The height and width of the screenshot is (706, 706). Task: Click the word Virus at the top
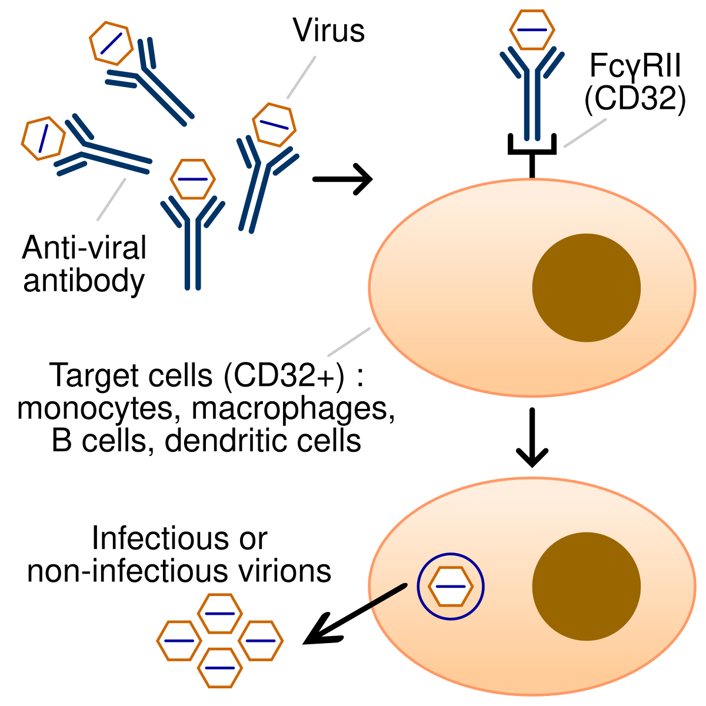(x=329, y=31)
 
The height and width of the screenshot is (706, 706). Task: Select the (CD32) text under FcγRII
(x=635, y=98)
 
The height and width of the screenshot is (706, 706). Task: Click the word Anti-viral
(x=84, y=248)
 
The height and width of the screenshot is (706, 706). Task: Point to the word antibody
(x=84, y=281)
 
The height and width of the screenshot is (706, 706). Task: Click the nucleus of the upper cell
(x=586, y=288)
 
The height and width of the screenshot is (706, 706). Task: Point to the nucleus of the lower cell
(x=586, y=587)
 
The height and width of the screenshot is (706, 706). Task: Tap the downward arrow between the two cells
(x=532, y=438)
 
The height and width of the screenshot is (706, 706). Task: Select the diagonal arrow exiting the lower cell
(x=353, y=614)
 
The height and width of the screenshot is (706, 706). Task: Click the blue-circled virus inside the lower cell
(x=450, y=587)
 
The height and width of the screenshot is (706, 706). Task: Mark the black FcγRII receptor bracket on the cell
(x=532, y=150)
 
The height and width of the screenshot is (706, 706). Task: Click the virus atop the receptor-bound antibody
(x=532, y=29)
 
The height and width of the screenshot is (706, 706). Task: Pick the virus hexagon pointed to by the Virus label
(x=274, y=125)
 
